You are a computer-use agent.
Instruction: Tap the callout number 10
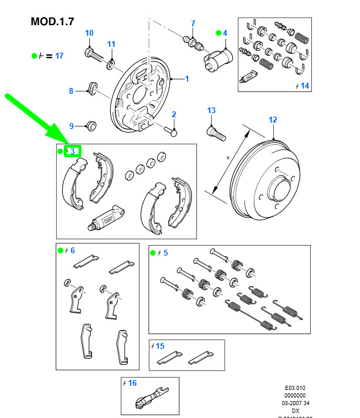(89, 33)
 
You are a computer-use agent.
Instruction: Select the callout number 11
(111, 44)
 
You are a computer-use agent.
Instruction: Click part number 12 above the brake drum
(273, 120)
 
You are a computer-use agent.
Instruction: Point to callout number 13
(211, 110)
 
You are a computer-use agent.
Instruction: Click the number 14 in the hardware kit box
(304, 86)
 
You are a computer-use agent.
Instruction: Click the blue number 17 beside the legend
(59, 56)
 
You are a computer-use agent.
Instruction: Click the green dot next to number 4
(218, 33)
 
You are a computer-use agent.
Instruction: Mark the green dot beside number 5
(153, 253)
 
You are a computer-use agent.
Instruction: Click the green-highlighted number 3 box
(73, 151)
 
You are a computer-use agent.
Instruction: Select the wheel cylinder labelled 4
(219, 59)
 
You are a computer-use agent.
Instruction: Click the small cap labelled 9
(91, 125)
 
